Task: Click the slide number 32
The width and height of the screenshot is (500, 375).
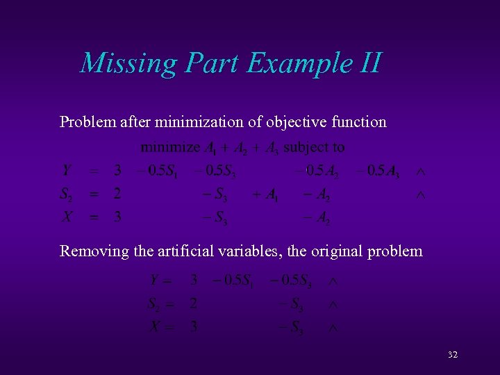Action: pos(453,355)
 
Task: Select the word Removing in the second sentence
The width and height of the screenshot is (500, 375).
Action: pos(92,251)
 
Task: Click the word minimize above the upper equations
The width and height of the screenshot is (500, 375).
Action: pos(170,147)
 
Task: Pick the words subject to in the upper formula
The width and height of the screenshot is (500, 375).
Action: pos(314,147)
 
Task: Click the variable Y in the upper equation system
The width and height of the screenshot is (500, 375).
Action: pos(67,171)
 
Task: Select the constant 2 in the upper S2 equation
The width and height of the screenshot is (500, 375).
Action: pos(118,194)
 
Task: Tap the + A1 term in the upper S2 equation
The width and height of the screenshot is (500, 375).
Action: pos(265,194)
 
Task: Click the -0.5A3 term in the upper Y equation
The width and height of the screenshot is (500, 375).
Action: pos(377,171)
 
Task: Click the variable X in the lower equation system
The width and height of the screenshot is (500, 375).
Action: pos(156,326)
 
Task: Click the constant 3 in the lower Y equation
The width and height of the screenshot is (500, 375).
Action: pos(194,281)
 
